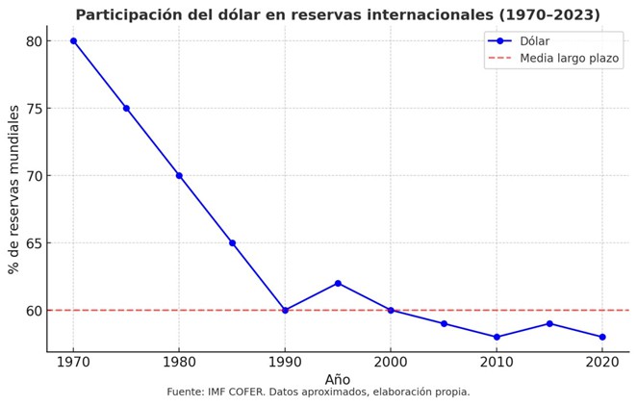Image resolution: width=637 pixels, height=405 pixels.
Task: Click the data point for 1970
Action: (x=73, y=40)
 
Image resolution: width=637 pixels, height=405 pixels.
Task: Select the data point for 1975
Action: (x=126, y=108)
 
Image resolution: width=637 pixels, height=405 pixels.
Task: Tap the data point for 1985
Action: (x=232, y=242)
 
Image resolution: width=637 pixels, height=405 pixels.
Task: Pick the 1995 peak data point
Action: (x=338, y=283)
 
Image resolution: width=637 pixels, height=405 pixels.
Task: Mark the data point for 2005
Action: (x=444, y=323)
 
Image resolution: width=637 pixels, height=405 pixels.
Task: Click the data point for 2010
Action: (x=497, y=337)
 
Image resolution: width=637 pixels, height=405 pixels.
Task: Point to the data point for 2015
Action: (x=549, y=323)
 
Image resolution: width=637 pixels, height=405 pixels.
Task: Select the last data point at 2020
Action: (x=602, y=337)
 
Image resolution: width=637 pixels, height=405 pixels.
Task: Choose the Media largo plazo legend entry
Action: (x=569, y=58)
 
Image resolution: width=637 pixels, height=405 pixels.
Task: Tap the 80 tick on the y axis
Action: (x=35, y=40)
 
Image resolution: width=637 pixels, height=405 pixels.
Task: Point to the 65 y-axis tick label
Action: (x=35, y=242)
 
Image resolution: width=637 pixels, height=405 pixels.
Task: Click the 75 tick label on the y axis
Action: (x=35, y=108)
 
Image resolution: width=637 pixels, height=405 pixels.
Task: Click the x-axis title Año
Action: (x=338, y=380)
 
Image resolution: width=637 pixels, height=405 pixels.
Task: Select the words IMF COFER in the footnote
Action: (x=250, y=392)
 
